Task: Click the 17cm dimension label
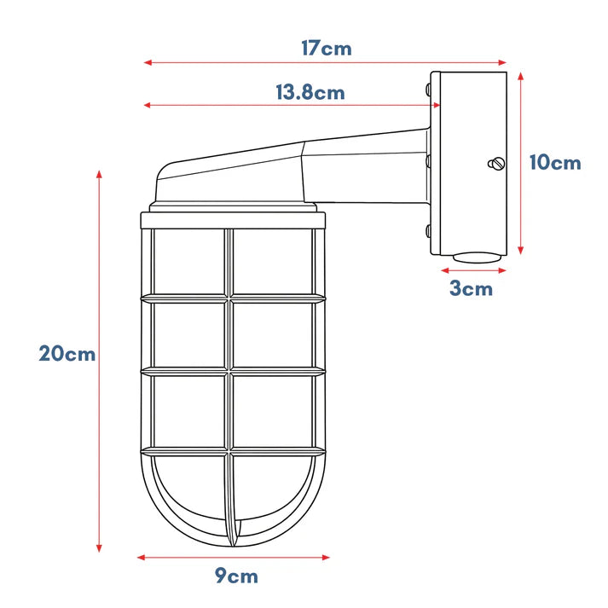coord(327,49)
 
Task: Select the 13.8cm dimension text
coord(310,93)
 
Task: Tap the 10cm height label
coord(555,163)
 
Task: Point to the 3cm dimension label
coord(471,288)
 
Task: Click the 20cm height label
coord(67,354)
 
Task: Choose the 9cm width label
coord(236,576)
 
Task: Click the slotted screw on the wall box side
coord(496,164)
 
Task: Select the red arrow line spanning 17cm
coord(325,62)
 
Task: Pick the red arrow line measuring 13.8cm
coord(292,105)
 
